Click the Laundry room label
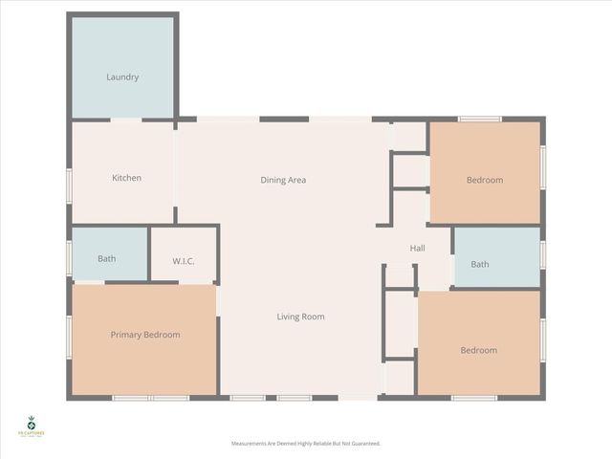(x=122, y=77)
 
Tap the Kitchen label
(x=126, y=178)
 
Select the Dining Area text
(x=283, y=180)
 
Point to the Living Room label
(x=300, y=317)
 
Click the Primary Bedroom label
(x=145, y=335)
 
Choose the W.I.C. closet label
(x=185, y=260)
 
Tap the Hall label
(x=417, y=249)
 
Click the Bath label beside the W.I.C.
(x=107, y=258)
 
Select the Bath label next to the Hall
(x=479, y=265)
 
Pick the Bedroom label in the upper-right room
(x=484, y=180)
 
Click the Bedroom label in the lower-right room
(x=478, y=350)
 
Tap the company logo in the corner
(x=32, y=427)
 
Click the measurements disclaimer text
(x=306, y=444)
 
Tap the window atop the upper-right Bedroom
(x=479, y=119)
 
